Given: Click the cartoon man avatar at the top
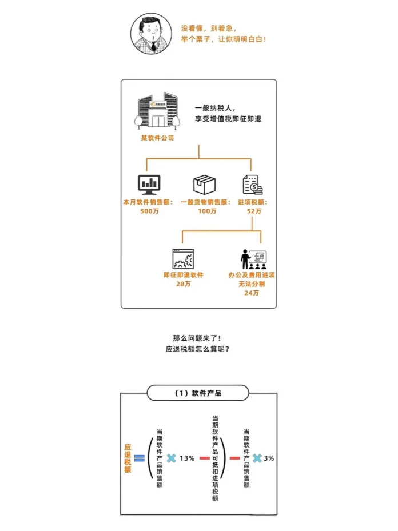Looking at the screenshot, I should point(150,33).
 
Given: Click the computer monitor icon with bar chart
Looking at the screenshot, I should point(150,183).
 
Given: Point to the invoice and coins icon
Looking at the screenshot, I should point(252,184).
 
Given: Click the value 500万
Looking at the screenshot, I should point(150,211).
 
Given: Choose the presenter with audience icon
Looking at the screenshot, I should point(252,259).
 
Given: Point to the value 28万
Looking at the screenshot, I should point(184,284).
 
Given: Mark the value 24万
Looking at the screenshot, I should point(252,293).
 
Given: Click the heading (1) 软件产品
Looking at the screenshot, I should point(198,393).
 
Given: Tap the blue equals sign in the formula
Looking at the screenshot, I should point(138,458).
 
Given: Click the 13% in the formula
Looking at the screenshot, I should point(187,458).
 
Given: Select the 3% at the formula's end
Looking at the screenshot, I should point(269,458).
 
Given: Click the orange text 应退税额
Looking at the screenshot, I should point(128,458).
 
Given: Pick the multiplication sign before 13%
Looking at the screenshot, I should point(171,458).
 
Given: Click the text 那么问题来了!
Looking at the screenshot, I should point(198,338).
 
